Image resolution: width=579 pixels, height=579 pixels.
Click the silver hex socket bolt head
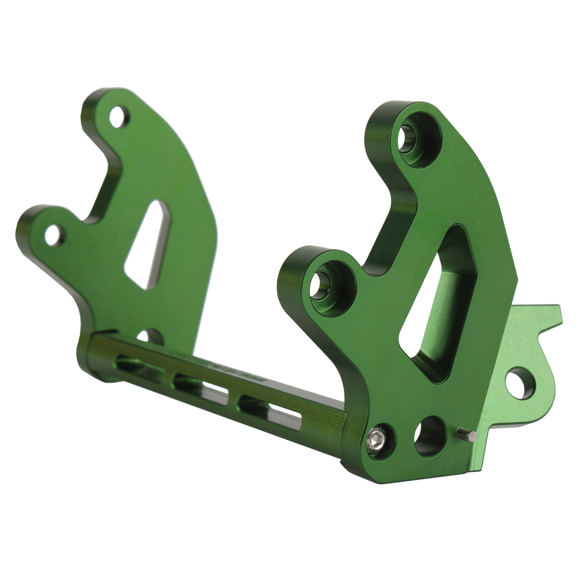376,439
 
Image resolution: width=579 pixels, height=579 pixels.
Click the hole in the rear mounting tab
520,383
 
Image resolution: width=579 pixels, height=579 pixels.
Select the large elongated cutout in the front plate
437,304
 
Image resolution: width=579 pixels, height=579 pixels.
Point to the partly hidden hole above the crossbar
147,336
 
